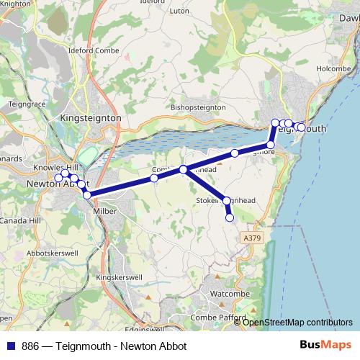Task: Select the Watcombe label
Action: tap(228, 294)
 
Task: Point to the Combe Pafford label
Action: tap(218, 318)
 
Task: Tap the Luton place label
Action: tap(178, 32)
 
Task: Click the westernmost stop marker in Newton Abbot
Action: tap(58, 178)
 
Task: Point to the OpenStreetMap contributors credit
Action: tap(297, 322)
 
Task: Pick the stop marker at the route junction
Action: tap(184, 170)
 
